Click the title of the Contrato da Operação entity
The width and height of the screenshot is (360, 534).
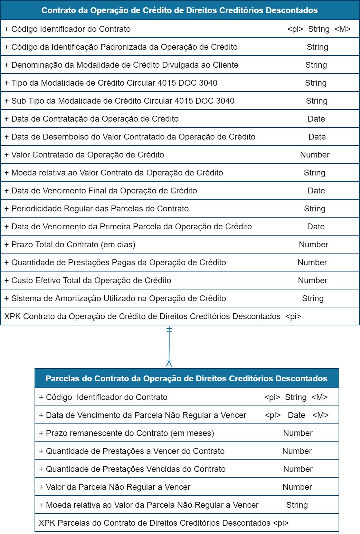pos(180,10)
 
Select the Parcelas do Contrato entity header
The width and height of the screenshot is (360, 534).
pos(187,379)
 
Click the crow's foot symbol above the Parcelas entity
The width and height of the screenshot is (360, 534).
pos(169,363)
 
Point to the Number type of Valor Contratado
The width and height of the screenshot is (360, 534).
pos(315,155)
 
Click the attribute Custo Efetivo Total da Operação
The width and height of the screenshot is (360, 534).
pos(91,280)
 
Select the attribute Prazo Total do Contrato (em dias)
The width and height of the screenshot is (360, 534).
pos(73,245)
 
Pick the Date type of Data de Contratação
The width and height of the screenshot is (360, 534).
pos(316,119)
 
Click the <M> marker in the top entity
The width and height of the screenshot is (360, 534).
pos(342,29)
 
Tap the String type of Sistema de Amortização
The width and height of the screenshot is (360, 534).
pos(313,298)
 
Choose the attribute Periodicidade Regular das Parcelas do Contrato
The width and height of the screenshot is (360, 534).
pos(100,209)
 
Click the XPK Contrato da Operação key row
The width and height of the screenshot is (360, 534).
pos(152,316)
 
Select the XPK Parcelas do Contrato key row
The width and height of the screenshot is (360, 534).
pos(163,523)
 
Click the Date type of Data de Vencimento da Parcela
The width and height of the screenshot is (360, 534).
pos(296,415)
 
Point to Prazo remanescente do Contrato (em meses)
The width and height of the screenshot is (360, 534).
pos(130,433)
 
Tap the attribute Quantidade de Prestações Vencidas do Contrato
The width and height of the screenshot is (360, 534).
pos(135,469)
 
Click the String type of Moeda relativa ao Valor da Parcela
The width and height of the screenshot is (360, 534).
pos(297,505)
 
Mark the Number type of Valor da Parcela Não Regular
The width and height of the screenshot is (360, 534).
pos(297,487)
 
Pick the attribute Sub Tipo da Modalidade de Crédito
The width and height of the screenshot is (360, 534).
pos(123,101)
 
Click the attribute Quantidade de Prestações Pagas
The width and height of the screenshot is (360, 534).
pos(119,263)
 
